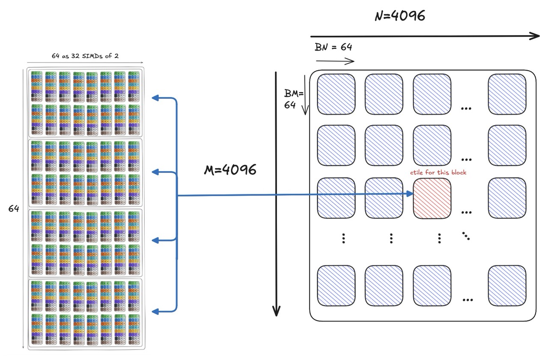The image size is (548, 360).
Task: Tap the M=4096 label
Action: pos(230,170)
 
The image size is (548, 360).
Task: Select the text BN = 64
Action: pos(333,47)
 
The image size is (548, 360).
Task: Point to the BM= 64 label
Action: pos(293,99)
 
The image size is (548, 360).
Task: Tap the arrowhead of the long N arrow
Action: pos(535,36)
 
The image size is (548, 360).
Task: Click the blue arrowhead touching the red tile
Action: pos(410,194)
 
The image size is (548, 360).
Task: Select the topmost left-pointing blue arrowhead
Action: pos(155,98)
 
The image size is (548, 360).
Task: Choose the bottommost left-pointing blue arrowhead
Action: pos(155,311)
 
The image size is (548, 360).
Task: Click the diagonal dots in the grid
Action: pos(466,235)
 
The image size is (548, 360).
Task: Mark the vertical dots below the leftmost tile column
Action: pos(344,238)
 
